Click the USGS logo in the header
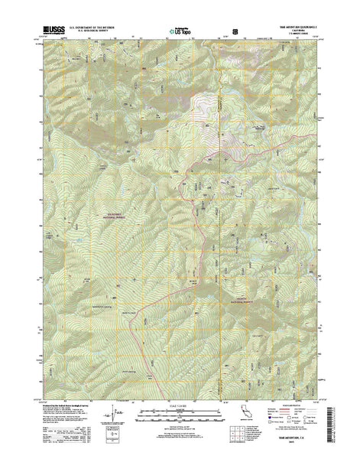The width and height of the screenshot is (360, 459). (x=48, y=30)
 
